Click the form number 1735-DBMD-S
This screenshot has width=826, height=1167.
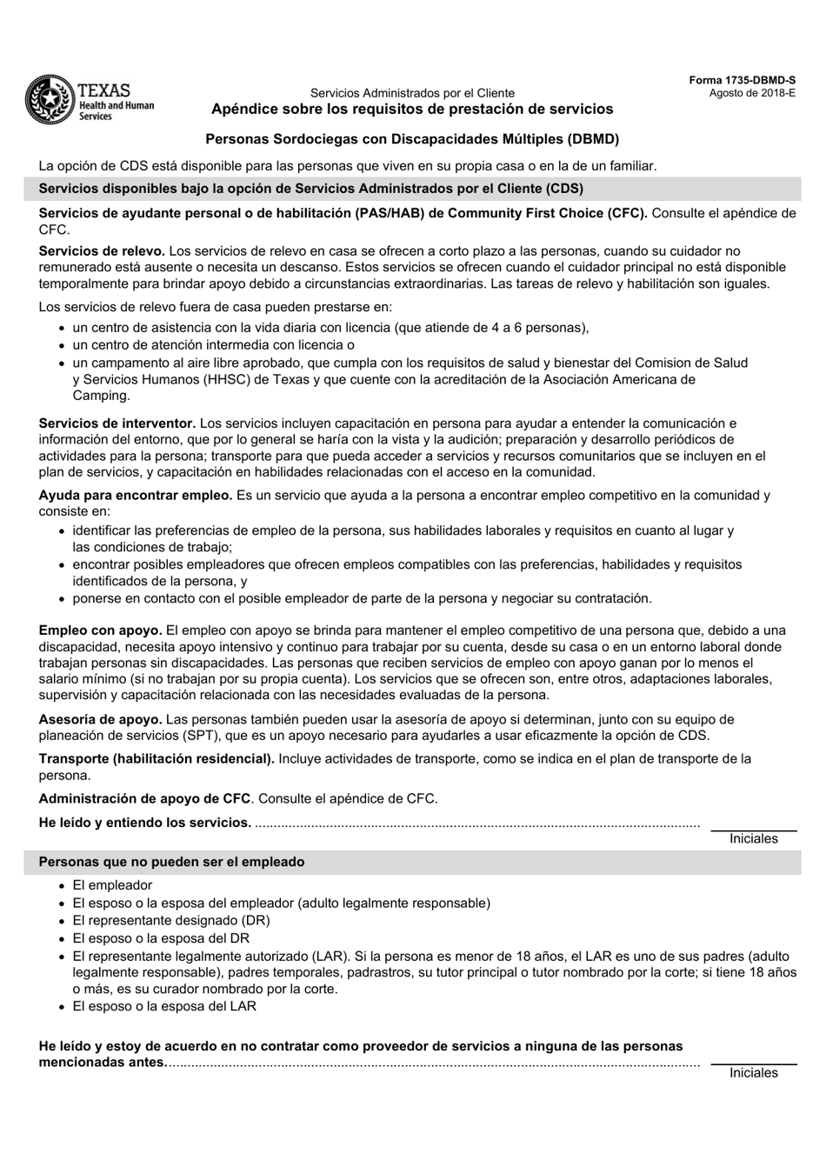742,80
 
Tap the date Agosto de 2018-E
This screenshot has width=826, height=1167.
752,92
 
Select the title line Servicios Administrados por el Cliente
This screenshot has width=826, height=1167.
412,93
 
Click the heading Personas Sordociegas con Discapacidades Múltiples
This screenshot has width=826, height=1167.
412,138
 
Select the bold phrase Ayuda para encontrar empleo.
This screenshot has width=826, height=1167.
135,496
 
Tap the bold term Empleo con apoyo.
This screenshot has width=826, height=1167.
100,630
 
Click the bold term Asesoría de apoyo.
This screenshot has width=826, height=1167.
100,719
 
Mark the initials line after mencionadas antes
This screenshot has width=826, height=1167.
753,1063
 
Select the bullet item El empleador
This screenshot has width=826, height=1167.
112,885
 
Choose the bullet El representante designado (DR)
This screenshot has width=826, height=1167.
170,920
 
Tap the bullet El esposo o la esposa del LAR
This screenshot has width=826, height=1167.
164,1006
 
